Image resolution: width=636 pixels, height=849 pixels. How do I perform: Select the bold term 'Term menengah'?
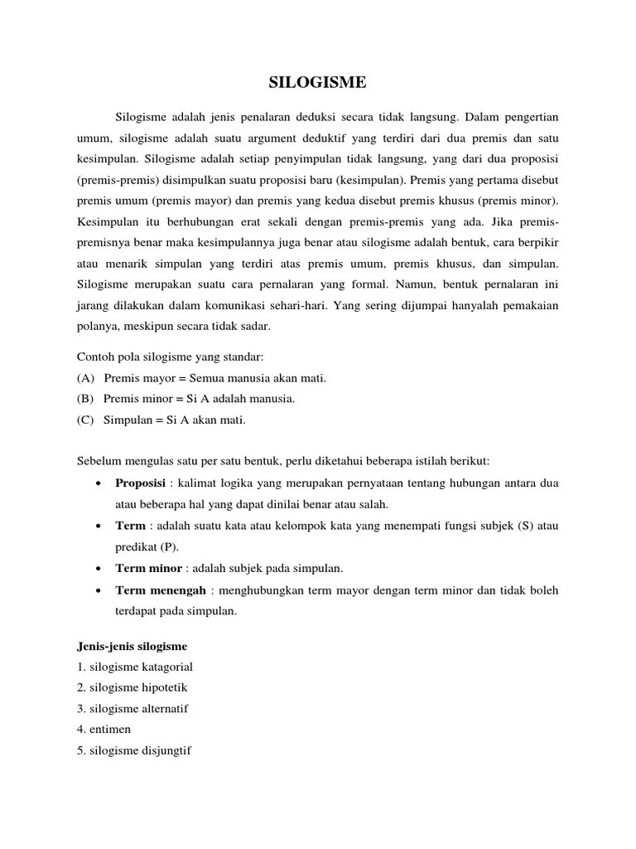(x=161, y=589)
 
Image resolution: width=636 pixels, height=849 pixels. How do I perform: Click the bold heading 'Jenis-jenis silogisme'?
(x=132, y=645)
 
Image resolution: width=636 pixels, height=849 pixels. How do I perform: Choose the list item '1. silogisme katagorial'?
(x=135, y=666)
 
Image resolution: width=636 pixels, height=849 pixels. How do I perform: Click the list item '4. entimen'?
(x=104, y=729)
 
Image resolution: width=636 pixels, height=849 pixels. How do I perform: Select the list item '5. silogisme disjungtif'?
(x=134, y=750)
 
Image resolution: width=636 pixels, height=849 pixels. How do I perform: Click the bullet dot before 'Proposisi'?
(x=99, y=483)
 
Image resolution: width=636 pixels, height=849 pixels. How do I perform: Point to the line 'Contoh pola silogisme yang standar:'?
(x=171, y=357)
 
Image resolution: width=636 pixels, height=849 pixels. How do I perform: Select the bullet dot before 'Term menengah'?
(x=99, y=590)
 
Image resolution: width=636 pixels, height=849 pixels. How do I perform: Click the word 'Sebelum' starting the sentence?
(x=99, y=461)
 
